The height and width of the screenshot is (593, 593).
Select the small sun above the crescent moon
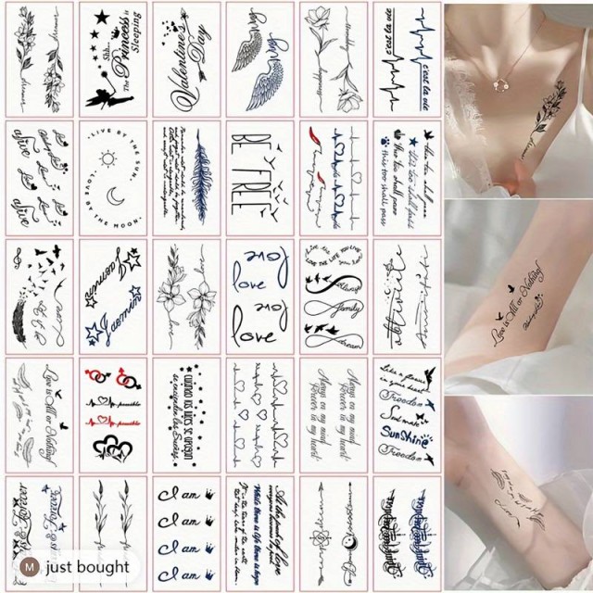click(108, 159)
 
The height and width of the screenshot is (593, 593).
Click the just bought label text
click(90, 567)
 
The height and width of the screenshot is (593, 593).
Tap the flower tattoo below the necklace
click(552, 116)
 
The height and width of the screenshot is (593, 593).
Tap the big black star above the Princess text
click(97, 20)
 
